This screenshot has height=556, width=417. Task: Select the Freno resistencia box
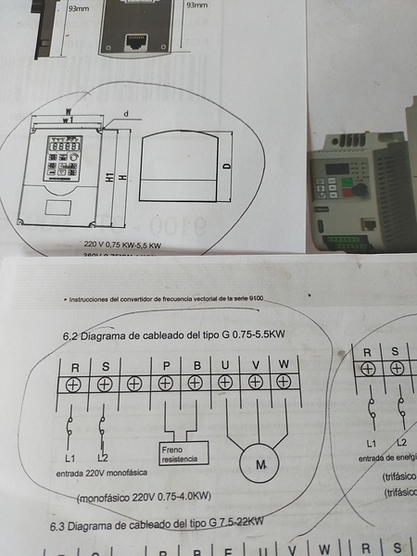[183, 453]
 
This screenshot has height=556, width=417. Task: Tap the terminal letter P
[165, 364]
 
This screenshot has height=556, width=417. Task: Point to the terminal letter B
[196, 364]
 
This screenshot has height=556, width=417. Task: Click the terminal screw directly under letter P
[165, 383]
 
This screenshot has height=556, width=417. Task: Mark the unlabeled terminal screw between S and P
[135, 383]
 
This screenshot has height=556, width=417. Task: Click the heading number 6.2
[71, 335]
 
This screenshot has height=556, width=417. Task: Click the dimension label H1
[109, 175]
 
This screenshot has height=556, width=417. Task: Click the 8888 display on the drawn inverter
[63, 147]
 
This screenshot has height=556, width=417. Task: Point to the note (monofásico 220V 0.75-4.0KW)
[145, 498]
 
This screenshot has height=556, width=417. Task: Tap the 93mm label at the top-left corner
[80, 6]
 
